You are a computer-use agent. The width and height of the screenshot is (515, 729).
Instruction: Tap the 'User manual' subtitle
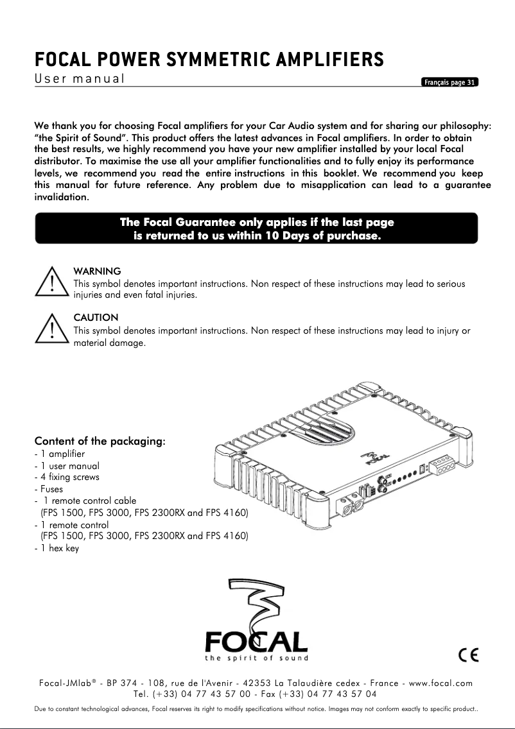click(79, 80)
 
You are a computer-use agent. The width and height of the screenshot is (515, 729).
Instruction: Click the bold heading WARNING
click(98, 271)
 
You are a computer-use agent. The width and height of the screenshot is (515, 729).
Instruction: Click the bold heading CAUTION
click(96, 318)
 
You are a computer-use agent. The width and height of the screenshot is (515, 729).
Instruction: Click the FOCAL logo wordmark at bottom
click(256, 641)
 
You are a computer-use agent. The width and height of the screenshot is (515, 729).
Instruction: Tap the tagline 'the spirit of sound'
click(256, 658)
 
